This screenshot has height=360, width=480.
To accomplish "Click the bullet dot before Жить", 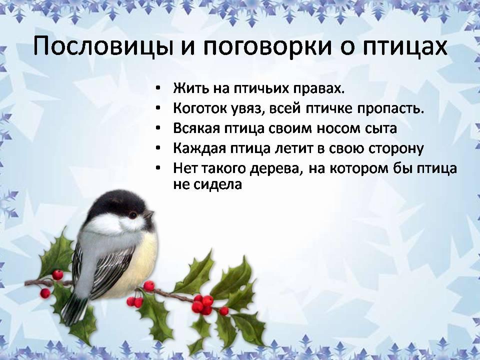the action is click(157, 88).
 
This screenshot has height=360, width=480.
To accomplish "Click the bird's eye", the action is click(132, 215).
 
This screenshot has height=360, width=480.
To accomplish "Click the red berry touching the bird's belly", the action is click(149, 286).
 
